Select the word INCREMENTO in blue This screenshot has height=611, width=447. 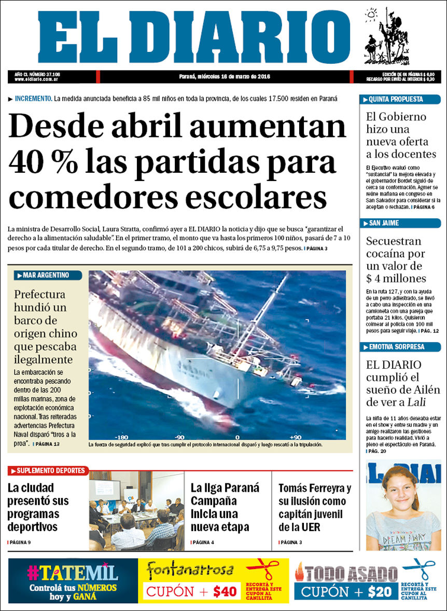34,99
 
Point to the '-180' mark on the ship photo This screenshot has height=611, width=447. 122,437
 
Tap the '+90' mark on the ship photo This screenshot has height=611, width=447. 295,437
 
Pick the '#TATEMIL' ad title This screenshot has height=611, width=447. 73,572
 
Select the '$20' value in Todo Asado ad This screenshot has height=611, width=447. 380,591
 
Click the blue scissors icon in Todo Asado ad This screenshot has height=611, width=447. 419,569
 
